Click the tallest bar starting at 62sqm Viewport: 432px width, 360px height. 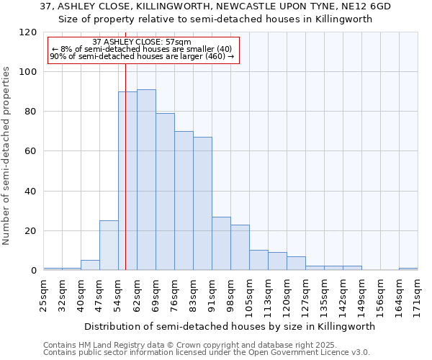(146, 180)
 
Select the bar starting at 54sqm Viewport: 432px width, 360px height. (127, 181)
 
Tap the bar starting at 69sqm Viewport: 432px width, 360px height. (165, 192)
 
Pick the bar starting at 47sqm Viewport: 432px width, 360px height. (109, 246)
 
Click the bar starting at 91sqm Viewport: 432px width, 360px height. (221, 243)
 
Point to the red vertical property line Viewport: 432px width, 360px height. (125, 216)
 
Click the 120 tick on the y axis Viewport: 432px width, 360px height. (28, 32)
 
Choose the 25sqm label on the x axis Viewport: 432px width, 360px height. (44, 294)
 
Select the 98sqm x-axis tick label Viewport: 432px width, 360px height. (231, 294)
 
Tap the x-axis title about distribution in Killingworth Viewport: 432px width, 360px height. (230, 326)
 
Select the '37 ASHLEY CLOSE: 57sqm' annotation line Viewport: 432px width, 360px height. (142, 42)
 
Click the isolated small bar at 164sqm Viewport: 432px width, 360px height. (408, 269)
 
